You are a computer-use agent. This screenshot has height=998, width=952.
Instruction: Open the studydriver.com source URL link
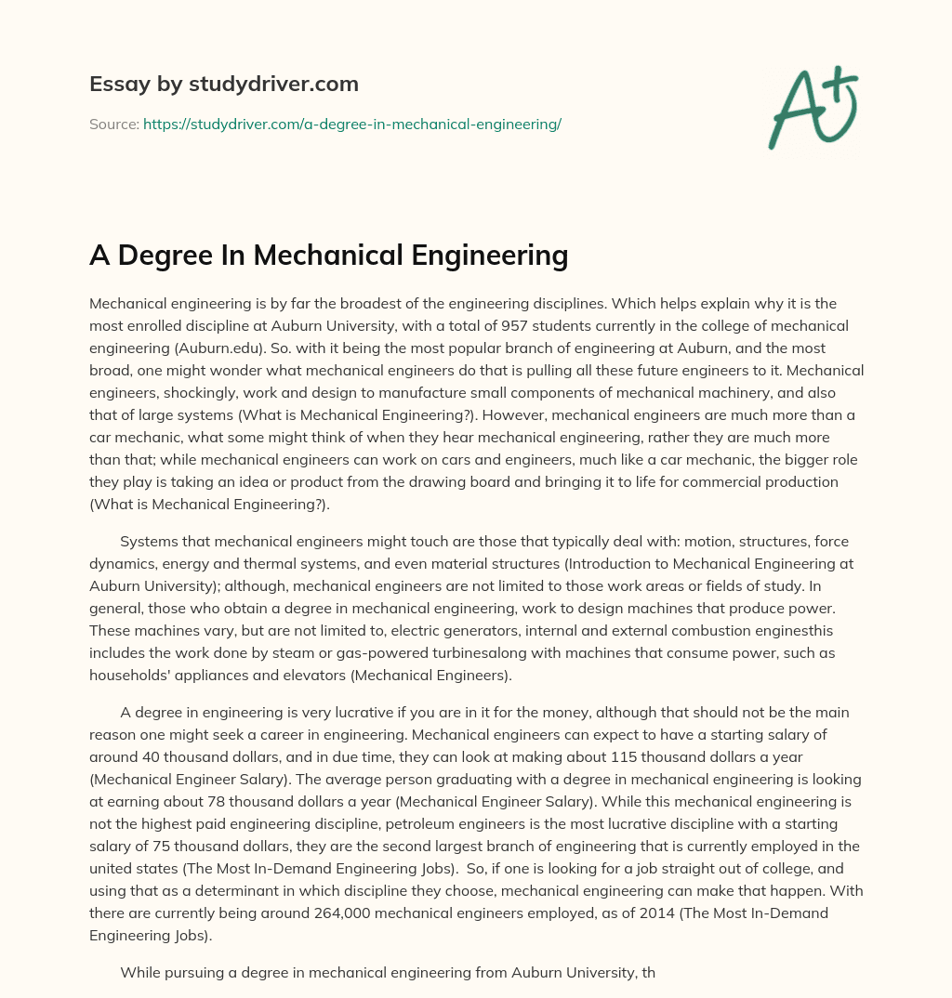351,123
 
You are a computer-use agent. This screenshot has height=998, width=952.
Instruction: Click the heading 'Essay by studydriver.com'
223,84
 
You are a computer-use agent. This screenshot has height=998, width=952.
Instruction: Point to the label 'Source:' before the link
113,123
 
